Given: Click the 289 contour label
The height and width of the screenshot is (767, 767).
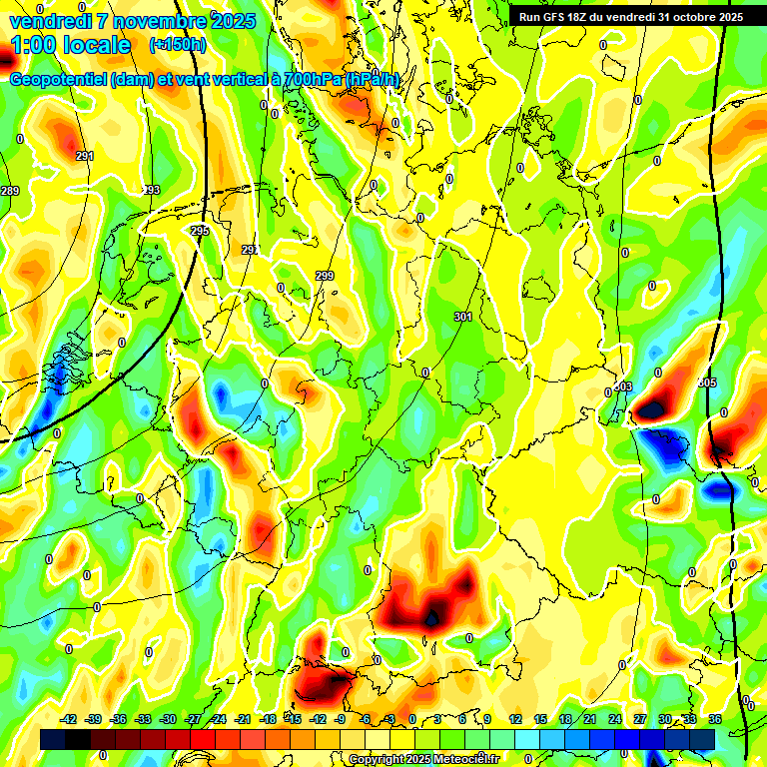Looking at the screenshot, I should (10, 191).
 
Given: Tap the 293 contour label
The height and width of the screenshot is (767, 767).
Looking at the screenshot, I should (151, 190).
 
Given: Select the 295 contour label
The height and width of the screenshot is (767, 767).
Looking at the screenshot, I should (200, 231).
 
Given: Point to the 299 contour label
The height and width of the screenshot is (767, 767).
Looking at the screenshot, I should (325, 276).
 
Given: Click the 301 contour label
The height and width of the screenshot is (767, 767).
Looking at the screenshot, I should (462, 317).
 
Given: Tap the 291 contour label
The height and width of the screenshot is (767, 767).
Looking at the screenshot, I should (85, 156).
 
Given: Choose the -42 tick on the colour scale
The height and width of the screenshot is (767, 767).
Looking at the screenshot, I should (69, 719).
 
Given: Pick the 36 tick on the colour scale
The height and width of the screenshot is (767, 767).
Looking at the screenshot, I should (714, 719).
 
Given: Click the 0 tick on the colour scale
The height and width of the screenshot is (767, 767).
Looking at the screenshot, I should (412, 719).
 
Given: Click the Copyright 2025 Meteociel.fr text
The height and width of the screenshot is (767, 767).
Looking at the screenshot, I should (423, 759).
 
